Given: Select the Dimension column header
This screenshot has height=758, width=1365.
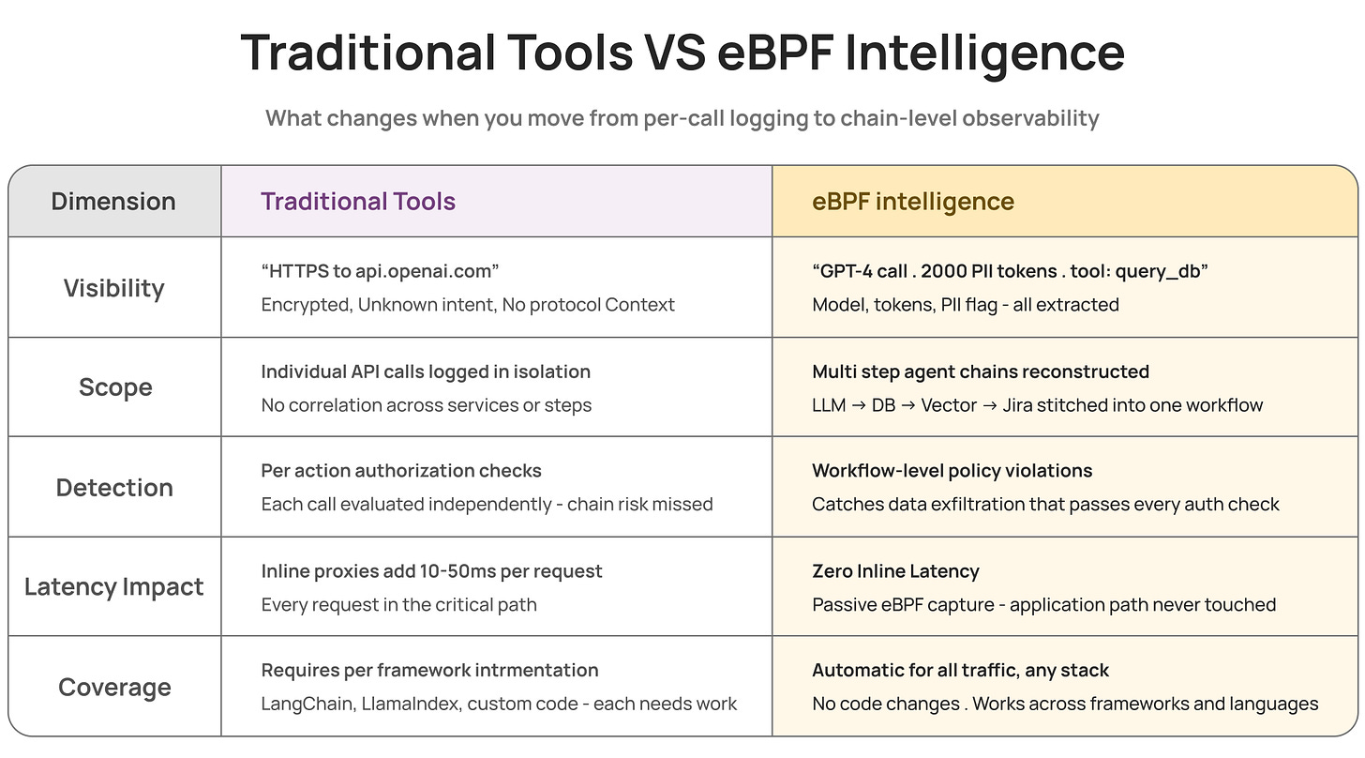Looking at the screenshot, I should click(113, 201).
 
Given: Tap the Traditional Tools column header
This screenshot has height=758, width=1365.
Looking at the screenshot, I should click(358, 201).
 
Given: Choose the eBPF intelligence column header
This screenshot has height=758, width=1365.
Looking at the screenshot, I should click(913, 201).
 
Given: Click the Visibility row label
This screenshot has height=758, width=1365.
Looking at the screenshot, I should click(113, 288).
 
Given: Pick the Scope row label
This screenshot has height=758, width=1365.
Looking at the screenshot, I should click(114, 387).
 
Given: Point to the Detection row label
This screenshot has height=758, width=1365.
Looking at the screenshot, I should click(114, 487).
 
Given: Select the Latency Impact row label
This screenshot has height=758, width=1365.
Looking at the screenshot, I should click(114, 587).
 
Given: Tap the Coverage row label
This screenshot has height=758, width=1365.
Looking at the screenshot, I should click(114, 687).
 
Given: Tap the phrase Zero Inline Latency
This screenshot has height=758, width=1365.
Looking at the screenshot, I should click(895, 570).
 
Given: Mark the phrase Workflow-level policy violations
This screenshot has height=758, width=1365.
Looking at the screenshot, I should click(952, 471).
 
